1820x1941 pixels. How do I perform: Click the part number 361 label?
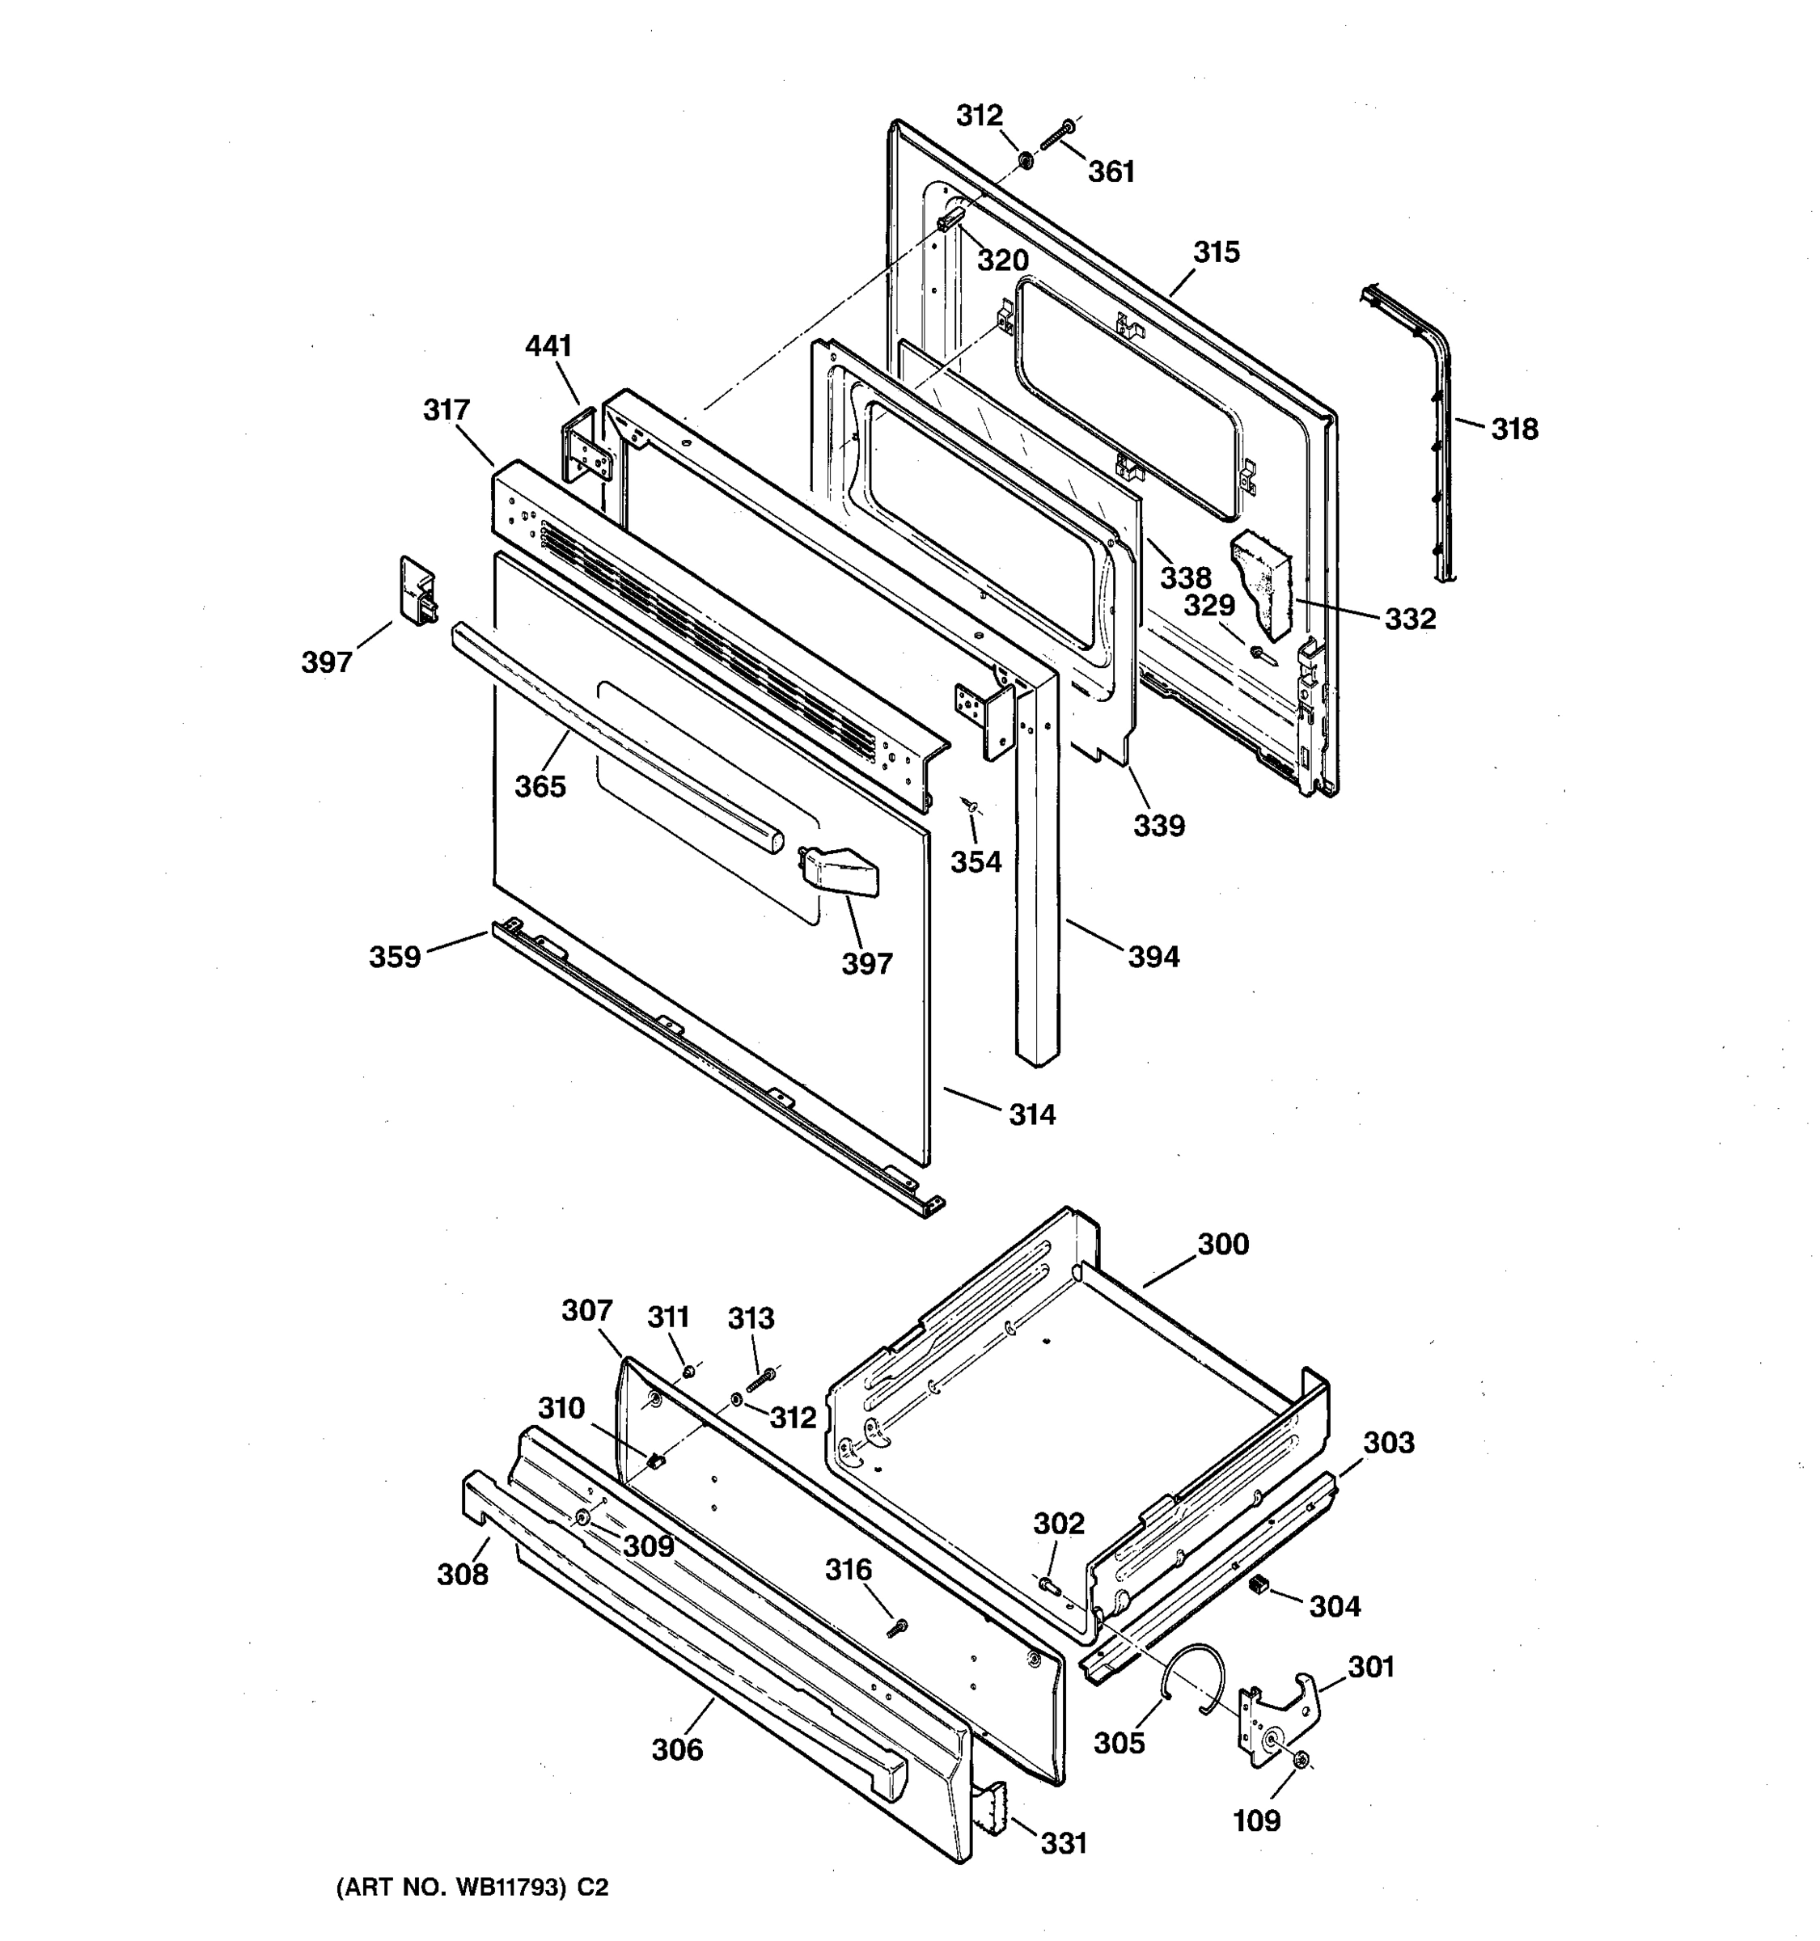pos(1111,171)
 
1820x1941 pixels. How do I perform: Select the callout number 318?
pos(1514,429)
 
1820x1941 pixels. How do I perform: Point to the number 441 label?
pos(548,345)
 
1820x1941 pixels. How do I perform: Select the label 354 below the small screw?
pos(976,861)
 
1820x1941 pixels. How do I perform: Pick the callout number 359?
pos(395,957)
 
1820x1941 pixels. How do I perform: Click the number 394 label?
pos(1153,957)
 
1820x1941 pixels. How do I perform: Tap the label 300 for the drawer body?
pos(1222,1244)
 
